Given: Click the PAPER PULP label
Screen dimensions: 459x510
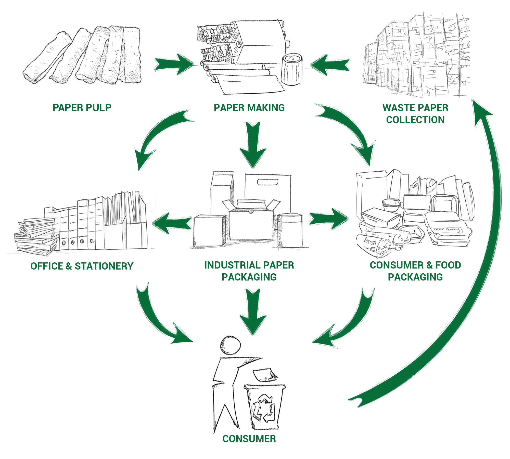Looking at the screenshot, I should [82, 108].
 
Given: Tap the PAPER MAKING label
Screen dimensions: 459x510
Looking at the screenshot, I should [249, 108].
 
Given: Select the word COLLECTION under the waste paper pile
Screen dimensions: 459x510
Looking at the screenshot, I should [415, 120].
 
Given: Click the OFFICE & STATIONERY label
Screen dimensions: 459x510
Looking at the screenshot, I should [82, 266].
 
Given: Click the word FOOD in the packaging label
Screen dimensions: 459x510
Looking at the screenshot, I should [448, 265].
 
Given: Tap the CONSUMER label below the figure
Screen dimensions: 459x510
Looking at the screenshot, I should [249, 439].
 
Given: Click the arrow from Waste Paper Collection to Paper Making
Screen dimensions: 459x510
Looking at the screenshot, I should [330, 65].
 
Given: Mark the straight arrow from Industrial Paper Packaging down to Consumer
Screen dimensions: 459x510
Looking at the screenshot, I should [253, 311].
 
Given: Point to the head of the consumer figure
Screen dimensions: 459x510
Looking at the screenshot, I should [230, 345].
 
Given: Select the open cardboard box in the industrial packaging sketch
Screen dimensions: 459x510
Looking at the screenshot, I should [251, 219].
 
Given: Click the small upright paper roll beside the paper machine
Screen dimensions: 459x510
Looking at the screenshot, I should [292, 69].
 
